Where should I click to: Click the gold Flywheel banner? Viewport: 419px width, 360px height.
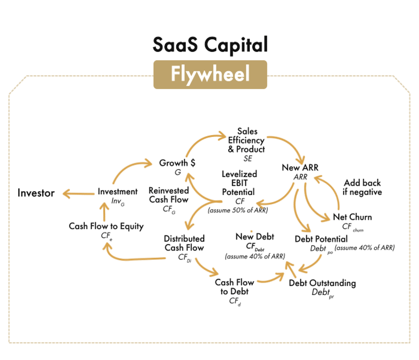[x=210, y=74]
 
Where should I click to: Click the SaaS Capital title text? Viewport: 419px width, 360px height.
[x=210, y=45]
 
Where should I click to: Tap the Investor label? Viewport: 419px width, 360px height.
[x=36, y=193]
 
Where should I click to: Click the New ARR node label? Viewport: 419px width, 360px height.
[x=300, y=168]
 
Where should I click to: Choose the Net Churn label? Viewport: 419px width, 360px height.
[x=352, y=217]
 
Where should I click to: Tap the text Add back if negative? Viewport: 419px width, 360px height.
[x=362, y=187]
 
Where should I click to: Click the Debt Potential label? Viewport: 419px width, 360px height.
[x=321, y=239]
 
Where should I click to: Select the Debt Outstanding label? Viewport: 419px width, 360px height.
[x=322, y=283]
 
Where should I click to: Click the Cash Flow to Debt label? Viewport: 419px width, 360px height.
[x=234, y=287]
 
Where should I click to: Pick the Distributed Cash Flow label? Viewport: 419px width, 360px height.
[x=184, y=243]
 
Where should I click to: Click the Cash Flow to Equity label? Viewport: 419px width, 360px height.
[x=106, y=226]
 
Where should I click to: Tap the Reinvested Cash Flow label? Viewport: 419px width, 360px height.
[x=168, y=195]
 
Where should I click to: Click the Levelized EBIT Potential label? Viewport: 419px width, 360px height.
[x=239, y=183]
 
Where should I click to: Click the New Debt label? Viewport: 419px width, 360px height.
[x=255, y=237]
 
